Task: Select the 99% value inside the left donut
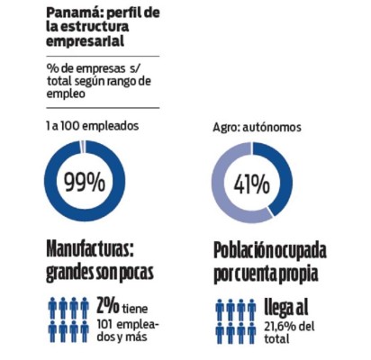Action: click(x=83, y=184)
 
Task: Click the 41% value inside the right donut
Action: click(x=252, y=184)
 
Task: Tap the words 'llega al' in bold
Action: click(x=287, y=306)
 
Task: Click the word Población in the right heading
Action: click(x=244, y=249)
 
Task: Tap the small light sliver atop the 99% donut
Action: click(x=82, y=146)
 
